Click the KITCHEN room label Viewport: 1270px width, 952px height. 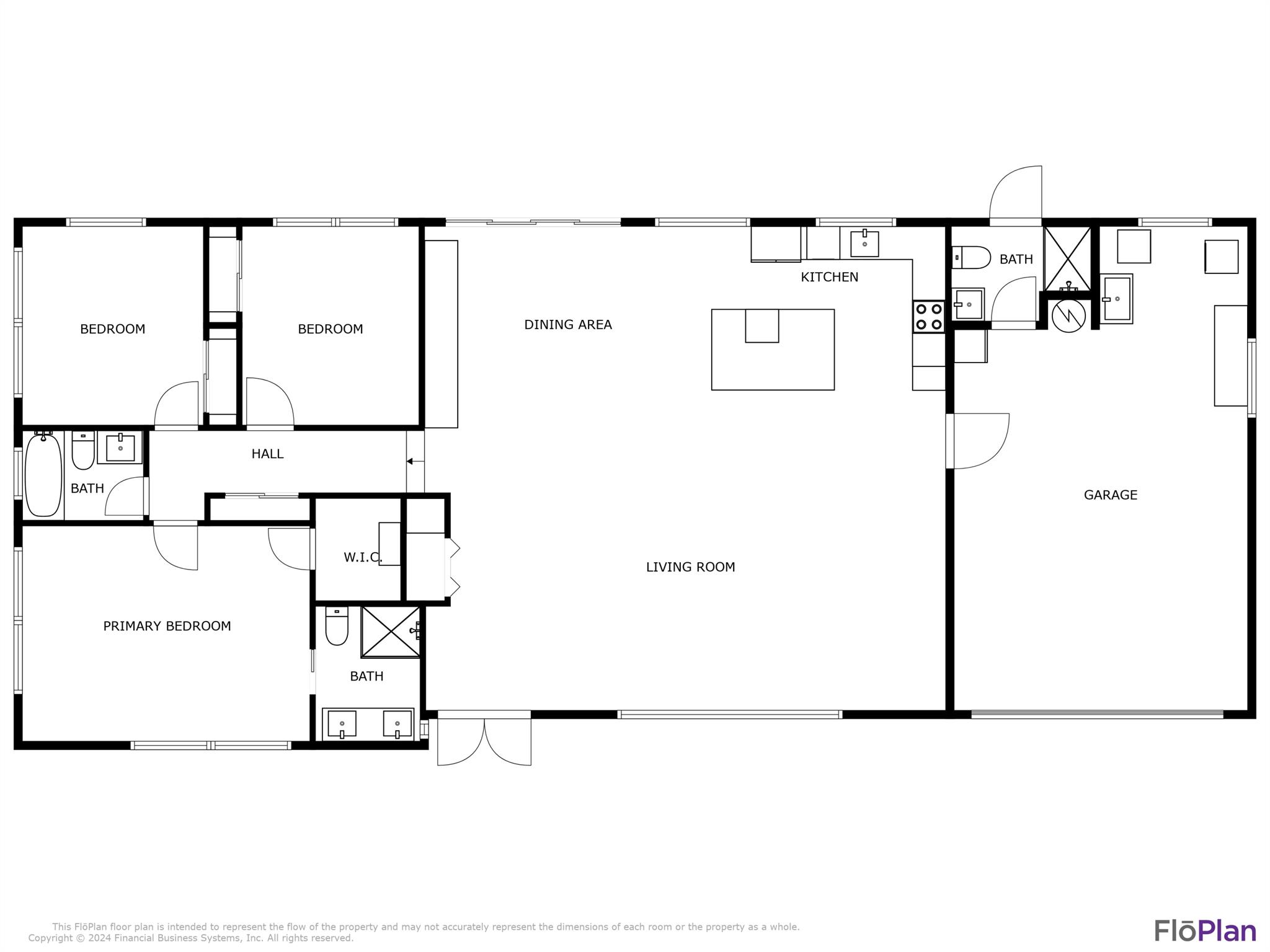pos(829,277)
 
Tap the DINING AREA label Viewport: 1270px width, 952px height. pos(568,325)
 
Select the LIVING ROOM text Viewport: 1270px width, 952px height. pos(690,567)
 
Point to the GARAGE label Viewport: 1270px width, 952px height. pos(1110,495)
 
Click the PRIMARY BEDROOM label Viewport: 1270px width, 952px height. pos(167,627)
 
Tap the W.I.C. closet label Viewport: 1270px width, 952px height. pos(363,558)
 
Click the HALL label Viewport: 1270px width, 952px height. pos(267,454)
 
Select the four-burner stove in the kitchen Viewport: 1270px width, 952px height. pos(928,316)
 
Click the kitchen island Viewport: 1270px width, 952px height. pos(773,350)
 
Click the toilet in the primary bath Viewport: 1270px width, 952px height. pos(337,625)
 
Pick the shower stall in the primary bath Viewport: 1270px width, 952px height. pos(391,632)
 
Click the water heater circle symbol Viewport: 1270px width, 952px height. pos(1068,315)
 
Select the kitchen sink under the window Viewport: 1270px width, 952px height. pos(864,243)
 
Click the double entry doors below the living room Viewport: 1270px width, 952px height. pos(484,741)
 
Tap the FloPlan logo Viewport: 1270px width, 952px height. pos(1205,931)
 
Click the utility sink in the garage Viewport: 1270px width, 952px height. pos(1116,299)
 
